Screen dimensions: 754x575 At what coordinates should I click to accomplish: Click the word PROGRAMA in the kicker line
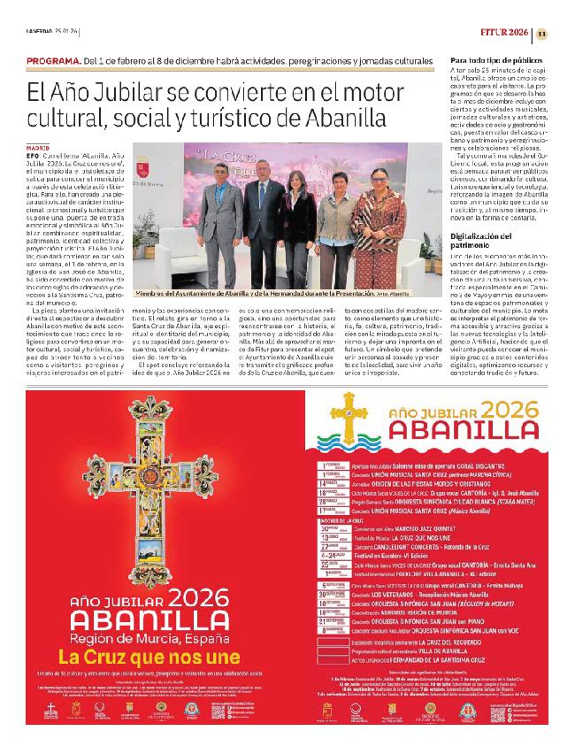point(54,60)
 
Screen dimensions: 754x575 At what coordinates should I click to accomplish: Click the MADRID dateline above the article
point(38,149)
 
